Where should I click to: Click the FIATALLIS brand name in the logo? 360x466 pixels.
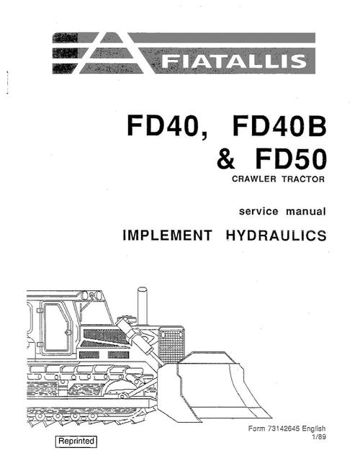(x=234, y=61)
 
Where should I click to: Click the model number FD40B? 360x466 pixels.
(x=279, y=125)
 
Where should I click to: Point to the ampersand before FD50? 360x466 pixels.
(x=226, y=159)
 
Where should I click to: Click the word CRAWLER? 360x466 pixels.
(x=254, y=179)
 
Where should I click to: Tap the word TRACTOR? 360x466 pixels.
(x=303, y=179)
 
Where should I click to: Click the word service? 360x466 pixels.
(x=258, y=211)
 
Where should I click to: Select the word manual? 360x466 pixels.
(x=306, y=211)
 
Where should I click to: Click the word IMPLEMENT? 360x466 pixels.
(x=168, y=235)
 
